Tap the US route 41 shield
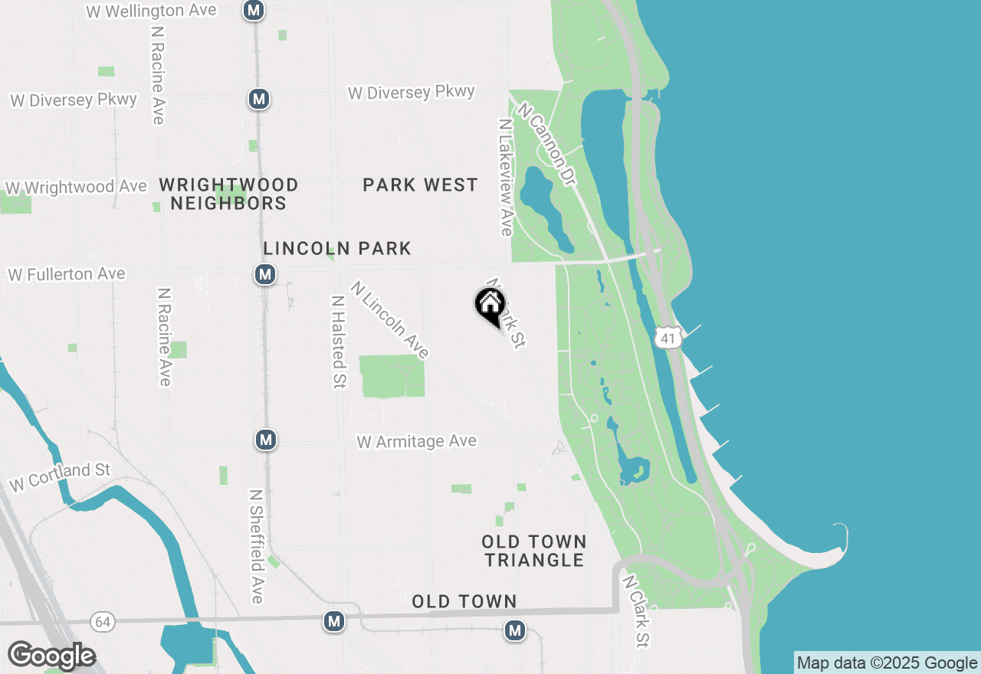[x=669, y=338]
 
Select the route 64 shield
[x=103, y=621]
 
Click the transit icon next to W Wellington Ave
[x=254, y=10]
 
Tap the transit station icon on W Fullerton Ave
[x=265, y=273]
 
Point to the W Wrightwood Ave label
[x=76, y=188]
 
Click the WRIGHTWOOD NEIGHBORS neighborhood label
[x=228, y=194]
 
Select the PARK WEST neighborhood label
[x=420, y=185]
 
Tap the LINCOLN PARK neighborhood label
[x=337, y=248]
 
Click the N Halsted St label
[x=337, y=342]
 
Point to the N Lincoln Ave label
[x=390, y=319]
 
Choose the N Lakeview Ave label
[x=504, y=177]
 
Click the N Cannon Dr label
[x=546, y=144]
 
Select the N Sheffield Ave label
[x=257, y=546]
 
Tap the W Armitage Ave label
[x=417, y=441]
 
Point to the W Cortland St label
[x=60, y=476]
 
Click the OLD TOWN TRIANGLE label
[x=534, y=551]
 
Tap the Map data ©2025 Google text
[x=887, y=663]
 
